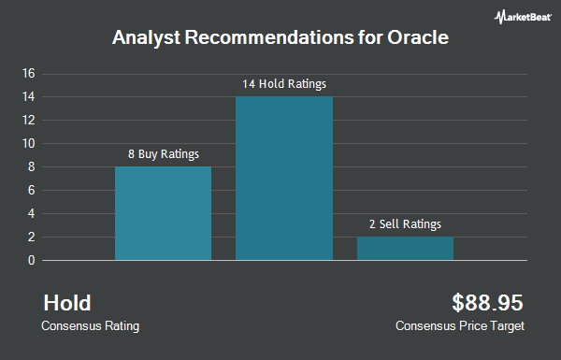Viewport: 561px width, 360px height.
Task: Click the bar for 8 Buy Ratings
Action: click(x=163, y=213)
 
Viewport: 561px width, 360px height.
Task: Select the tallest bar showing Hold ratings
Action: click(x=284, y=178)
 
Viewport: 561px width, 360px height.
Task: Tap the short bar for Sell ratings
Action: click(x=405, y=249)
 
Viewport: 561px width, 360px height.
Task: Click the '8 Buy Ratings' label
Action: click(x=164, y=154)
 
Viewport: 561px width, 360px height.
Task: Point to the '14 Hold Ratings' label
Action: click(x=284, y=84)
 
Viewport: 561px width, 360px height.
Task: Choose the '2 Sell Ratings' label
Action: click(x=405, y=224)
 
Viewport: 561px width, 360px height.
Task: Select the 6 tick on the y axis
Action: click(x=31, y=190)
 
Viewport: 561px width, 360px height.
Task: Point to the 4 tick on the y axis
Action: click(x=31, y=213)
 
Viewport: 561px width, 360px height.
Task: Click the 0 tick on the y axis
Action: click(x=31, y=261)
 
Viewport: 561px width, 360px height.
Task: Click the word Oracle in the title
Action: click(x=421, y=39)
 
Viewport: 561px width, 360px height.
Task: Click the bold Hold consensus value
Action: click(x=67, y=303)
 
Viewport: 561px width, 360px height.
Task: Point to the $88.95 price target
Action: click(x=487, y=303)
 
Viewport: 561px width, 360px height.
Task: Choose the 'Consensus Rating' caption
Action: click(x=90, y=326)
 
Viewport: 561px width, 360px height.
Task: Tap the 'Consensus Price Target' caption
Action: click(x=460, y=326)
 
